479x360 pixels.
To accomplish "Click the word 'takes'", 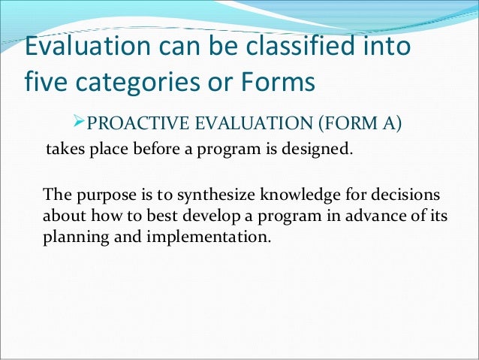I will [x=65, y=148].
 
